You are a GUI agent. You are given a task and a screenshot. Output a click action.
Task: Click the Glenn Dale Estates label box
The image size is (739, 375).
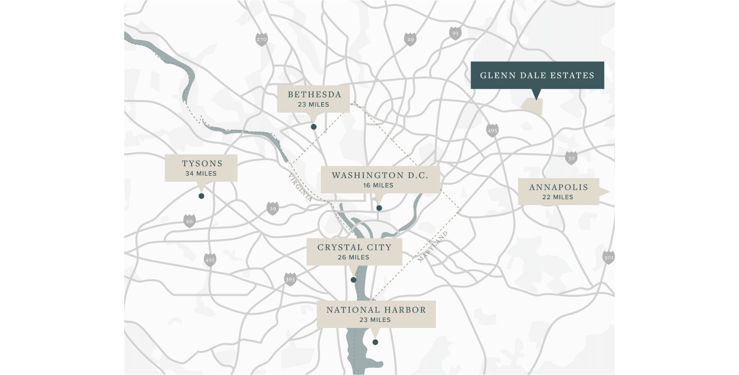click(x=537, y=75)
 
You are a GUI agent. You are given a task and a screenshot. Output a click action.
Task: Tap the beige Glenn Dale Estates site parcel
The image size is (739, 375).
click(x=532, y=106)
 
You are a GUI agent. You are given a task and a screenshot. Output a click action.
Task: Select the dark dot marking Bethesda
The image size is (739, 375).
click(x=314, y=127)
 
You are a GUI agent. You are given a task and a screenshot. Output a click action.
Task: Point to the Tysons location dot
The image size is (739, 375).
click(x=201, y=196)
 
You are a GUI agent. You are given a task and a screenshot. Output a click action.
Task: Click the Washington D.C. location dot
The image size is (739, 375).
click(x=379, y=208)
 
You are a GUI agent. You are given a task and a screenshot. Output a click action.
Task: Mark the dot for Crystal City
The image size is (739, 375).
click(x=353, y=280)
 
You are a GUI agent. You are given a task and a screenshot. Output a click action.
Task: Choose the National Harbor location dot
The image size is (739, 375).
click(x=375, y=342)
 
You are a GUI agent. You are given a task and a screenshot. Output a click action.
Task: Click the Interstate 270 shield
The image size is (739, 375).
click(x=261, y=39)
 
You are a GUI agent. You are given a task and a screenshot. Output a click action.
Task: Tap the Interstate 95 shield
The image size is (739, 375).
click(x=455, y=33)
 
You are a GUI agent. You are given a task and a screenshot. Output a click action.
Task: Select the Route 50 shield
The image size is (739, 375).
click(x=571, y=158)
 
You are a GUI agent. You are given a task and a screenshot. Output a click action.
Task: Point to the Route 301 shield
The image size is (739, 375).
click(x=608, y=257)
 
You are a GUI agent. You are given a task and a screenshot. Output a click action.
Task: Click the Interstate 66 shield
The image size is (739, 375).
click(x=189, y=221)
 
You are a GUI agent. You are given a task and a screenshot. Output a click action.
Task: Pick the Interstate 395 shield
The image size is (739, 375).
click(x=290, y=279)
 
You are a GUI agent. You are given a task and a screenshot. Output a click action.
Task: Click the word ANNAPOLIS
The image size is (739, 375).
click(x=558, y=187)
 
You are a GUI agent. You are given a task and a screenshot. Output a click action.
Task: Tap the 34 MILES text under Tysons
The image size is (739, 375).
click(x=201, y=174)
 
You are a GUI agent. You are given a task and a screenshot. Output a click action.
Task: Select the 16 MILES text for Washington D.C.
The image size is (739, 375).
click(x=378, y=185)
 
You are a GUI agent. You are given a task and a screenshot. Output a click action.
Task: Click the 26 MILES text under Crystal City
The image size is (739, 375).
click(x=353, y=257)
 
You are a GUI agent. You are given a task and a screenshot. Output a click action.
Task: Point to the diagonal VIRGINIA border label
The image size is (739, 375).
click(x=300, y=187)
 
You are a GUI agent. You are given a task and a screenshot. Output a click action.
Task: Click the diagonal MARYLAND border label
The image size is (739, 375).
click(x=433, y=247)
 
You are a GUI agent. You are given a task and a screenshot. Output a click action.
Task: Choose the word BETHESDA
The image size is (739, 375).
click(x=314, y=95)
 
